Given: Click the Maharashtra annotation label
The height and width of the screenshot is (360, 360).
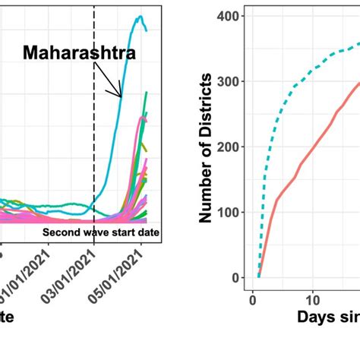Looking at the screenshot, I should click(x=79, y=53).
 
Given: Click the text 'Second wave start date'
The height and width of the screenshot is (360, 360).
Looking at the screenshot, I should click(x=100, y=232).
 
